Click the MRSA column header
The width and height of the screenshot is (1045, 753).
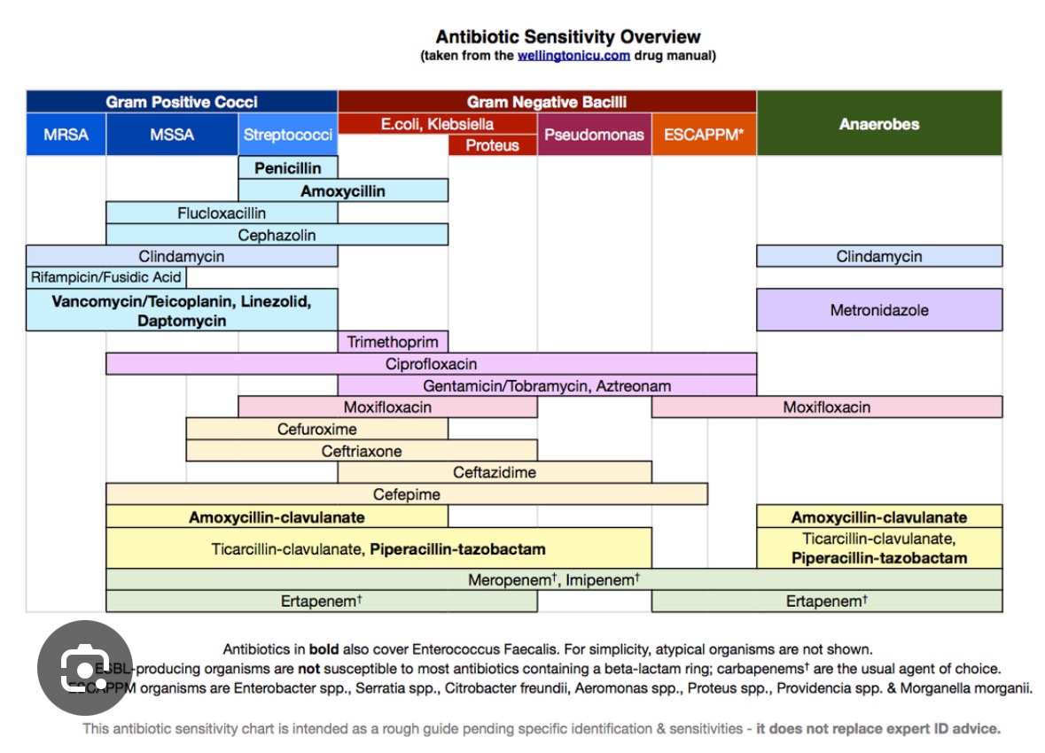pos(66,136)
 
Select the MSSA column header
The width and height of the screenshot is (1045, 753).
pos(172,136)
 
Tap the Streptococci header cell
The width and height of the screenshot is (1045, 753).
pos(288,136)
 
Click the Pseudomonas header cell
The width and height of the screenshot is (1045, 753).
pos(594,136)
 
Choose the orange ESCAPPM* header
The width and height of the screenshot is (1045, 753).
pos(704,136)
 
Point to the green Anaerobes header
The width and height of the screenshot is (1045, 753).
pos(879,124)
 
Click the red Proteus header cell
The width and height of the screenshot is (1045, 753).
pos(492,145)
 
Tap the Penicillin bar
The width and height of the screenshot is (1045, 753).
pos(288,167)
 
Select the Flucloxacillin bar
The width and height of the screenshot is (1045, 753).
pos(222,213)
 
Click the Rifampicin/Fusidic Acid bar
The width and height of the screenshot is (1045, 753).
pos(106,277)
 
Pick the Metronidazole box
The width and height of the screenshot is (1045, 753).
pos(879,310)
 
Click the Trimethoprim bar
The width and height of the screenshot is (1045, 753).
pos(393,342)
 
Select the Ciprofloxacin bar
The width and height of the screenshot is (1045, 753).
pos(431,364)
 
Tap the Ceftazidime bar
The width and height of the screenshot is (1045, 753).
pos(495,472)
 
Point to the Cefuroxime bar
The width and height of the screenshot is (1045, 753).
pos(316,430)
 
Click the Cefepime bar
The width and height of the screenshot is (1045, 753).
pos(406,494)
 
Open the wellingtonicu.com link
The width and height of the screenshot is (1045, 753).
pos(573,55)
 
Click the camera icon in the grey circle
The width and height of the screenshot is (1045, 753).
pos(85,668)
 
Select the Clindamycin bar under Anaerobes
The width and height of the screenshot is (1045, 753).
pos(879,257)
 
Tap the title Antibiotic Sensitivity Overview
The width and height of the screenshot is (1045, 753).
pos(568,37)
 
